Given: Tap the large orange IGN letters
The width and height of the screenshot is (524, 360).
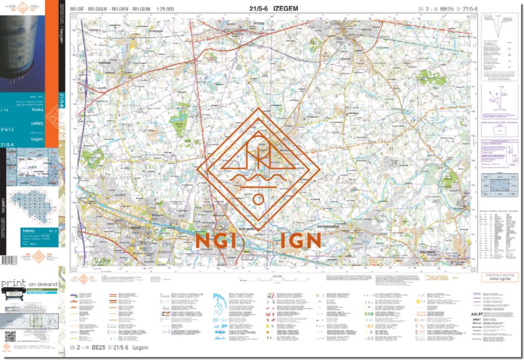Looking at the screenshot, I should pyautogui.click(x=300, y=241).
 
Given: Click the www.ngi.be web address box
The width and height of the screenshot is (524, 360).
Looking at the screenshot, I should pyautogui.click(x=496, y=278).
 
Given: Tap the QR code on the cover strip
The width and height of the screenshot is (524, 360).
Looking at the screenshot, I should pyautogui.click(x=10, y=336).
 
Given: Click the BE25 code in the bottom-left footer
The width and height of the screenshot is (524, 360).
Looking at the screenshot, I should pyautogui.click(x=98, y=347).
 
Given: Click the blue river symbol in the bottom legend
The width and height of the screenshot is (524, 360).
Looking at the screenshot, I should pyautogui.click(x=223, y=311).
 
